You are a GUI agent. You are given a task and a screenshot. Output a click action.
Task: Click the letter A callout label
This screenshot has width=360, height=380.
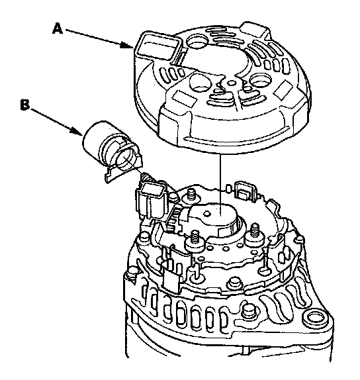coord(58,29)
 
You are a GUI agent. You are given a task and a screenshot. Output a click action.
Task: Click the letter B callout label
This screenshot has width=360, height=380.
coord(25,105)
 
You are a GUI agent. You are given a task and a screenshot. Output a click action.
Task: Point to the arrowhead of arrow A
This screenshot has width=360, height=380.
coord(128,46)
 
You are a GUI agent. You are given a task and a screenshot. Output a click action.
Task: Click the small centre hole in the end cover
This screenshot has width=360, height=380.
coord(232,83)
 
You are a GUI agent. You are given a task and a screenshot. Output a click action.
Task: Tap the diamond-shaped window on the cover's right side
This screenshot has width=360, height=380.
coord(284,90)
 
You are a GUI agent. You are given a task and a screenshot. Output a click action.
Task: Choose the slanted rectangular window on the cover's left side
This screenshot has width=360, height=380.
coord(185,98)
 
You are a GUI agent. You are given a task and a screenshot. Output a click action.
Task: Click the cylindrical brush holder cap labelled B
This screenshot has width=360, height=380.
coord(112,150)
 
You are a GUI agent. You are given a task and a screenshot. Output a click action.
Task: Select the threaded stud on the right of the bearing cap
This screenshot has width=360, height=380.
coord(254,232)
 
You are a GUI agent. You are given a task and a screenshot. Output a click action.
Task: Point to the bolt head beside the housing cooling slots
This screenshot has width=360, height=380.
coord(248,310)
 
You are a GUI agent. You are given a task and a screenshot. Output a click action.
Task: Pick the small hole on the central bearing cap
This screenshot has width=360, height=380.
coord(207,214)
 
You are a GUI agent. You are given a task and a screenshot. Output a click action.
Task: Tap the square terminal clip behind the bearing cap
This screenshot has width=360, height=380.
coord(246,191)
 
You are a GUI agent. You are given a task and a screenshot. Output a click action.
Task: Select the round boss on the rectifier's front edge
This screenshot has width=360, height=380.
coord(233,283)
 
